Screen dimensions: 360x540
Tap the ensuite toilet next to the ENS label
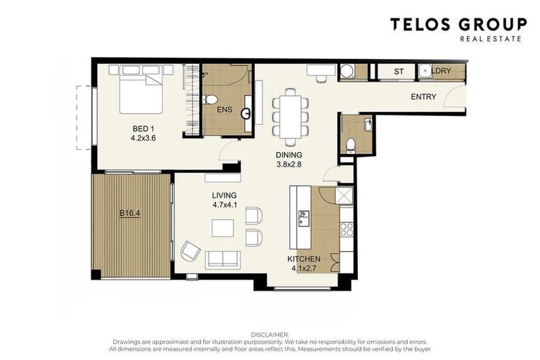pos(209,101)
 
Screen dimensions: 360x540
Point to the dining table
pos(290,112)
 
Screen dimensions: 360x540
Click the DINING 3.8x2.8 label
pos(288,160)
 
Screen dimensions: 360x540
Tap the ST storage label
pos(399,72)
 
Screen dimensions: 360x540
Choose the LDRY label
pos(441,72)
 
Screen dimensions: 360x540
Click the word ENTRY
pos(423,97)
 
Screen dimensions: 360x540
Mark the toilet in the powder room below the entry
pos(351,145)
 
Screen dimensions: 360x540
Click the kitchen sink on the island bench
pos(304,219)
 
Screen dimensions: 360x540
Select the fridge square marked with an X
pos(344,196)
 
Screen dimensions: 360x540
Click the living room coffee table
pos(223,229)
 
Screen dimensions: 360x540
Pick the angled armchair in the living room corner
pos(191,250)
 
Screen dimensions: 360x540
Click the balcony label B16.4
pos(129,212)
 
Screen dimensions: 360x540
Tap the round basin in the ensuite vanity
pos(247,112)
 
